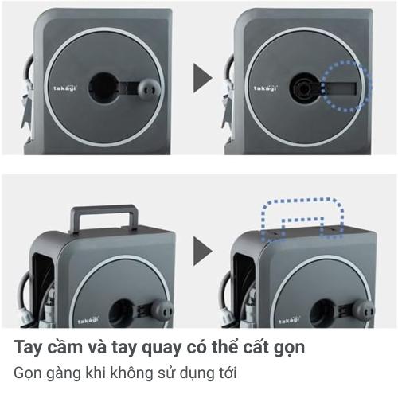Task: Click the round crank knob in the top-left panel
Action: pyautogui.click(x=147, y=88)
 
